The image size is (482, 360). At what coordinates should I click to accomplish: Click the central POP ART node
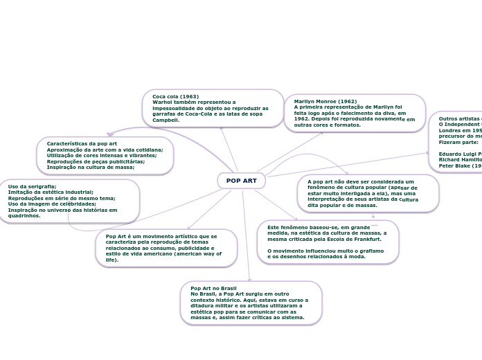[x=241, y=181]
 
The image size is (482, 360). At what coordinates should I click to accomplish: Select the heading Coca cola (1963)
[x=175, y=96]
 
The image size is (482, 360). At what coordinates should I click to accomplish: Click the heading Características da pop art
[x=82, y=143]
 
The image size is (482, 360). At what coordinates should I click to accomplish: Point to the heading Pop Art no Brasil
[x=213, y=288]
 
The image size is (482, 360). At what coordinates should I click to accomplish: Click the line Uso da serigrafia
[x=32, y=187]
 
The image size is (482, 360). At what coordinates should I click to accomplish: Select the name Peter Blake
[x=454, y=166]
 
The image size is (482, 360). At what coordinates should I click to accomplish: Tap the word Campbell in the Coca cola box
[x=166, y=120]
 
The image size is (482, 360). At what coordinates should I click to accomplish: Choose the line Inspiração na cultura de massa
[x=90, y=167]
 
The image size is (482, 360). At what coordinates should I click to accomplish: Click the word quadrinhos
[x=24, y=215]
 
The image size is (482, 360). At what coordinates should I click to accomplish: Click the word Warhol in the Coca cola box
[x=164, y=102]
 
